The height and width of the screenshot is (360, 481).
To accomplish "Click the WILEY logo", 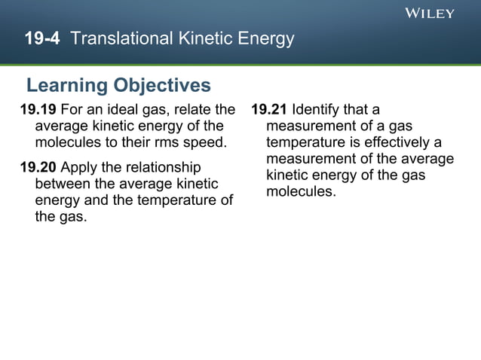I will point(430,13).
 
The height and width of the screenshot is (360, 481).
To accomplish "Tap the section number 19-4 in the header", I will point(42,38).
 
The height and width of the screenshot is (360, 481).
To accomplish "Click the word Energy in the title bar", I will point(268,38).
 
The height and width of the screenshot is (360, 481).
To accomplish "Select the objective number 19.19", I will point(38,110).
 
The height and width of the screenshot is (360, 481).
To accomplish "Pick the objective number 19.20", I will point(38,166).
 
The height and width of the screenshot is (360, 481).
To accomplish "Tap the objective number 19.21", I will point(269,110).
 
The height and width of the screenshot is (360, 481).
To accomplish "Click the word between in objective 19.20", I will point(63,183).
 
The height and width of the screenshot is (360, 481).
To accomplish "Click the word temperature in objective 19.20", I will point(178,200).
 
